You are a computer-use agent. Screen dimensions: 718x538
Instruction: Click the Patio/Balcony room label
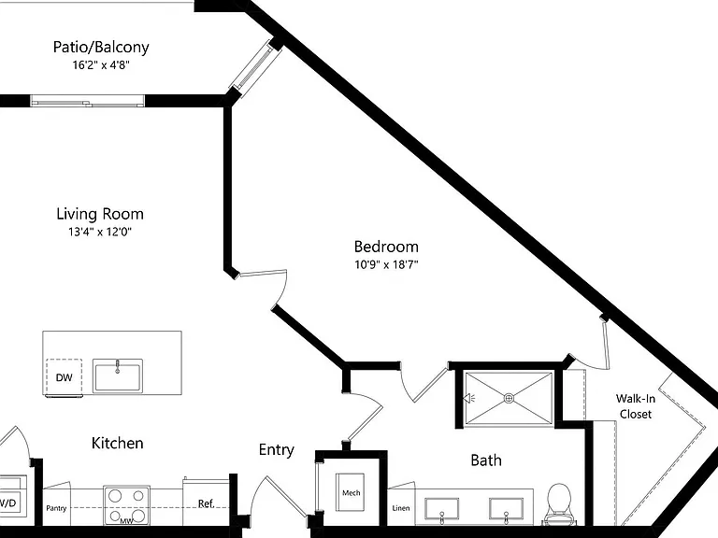101,47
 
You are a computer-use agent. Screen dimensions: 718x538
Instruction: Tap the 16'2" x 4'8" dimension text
101,65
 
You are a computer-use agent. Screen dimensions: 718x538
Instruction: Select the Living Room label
100,214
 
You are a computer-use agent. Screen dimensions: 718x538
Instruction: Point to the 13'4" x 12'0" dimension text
100,232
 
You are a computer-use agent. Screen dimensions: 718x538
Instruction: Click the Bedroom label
386,247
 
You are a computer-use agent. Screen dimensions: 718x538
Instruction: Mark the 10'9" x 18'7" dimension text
386,264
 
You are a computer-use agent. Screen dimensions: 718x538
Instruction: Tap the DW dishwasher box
65,377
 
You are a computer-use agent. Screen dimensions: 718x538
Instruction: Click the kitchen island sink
118,375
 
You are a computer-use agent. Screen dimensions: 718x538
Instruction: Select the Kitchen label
117,443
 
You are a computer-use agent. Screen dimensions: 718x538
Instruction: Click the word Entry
276,449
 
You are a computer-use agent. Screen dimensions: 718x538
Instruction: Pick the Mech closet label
352,493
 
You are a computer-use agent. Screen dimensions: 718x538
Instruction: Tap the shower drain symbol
509,399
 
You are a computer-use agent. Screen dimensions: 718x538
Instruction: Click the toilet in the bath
559,503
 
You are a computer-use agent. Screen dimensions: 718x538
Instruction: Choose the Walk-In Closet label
636,406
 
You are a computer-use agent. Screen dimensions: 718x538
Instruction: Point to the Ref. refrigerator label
206,503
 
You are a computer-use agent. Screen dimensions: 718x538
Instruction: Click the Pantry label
56,508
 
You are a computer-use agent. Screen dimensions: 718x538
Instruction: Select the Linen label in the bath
401,508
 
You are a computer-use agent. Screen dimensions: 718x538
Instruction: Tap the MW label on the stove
126,520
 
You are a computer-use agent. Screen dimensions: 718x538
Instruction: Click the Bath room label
486,460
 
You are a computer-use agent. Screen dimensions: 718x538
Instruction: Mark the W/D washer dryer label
7,503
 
